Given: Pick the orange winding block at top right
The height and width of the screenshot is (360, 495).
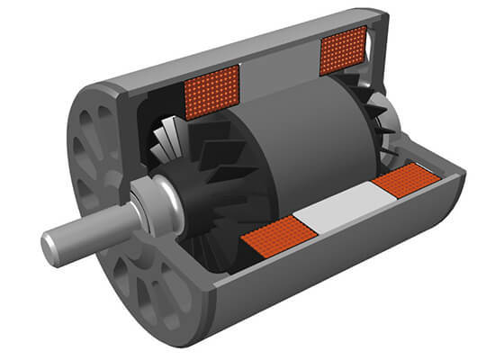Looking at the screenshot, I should click(x=343, y=50).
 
